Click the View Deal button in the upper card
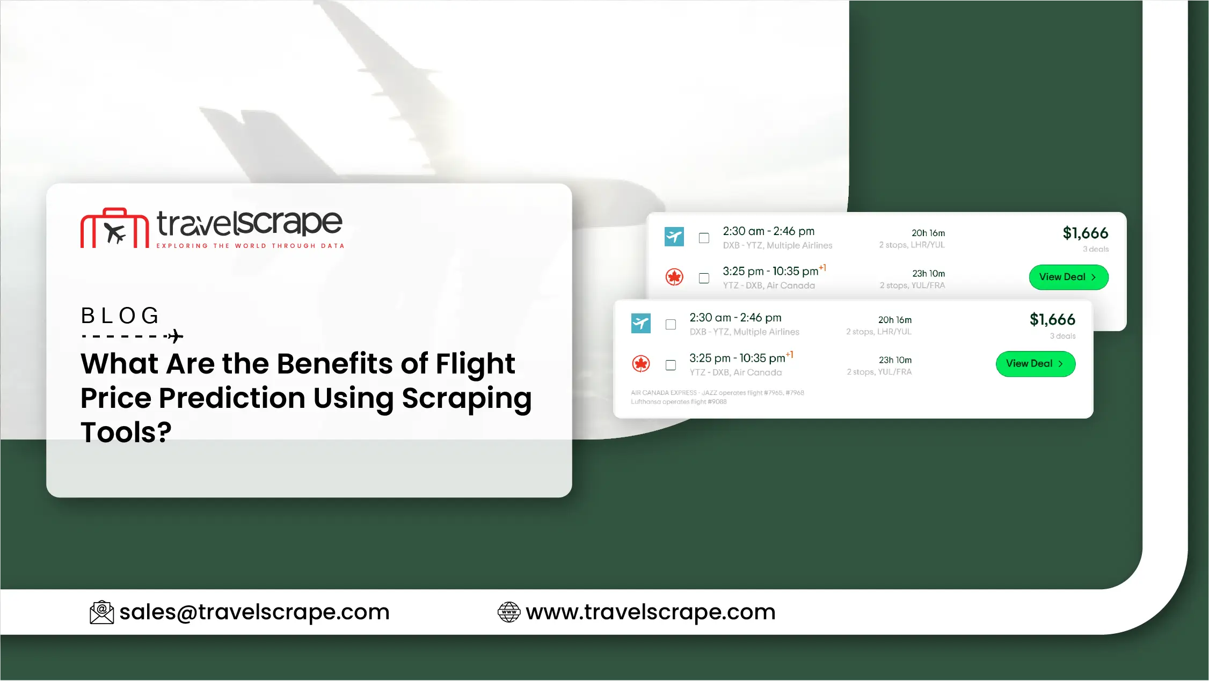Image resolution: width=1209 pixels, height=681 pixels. [x=1068, y=277]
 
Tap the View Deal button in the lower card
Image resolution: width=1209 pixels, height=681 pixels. [x=1036, y=364]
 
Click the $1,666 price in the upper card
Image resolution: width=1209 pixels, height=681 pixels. [x=1086, y=233]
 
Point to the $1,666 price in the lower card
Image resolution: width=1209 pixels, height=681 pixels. [x=1052, y=320]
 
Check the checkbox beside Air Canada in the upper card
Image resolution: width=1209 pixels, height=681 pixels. [x=704, y=278]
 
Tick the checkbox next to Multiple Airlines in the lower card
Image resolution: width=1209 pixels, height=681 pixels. [x=671, y=325]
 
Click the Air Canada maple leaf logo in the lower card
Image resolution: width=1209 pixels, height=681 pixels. [x=641, y=364]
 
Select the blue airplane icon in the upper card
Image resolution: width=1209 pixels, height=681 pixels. [x=674, y=237]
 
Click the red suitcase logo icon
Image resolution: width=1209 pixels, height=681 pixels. [x=114, y=228]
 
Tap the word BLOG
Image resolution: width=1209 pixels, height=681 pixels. [x=120, y=316]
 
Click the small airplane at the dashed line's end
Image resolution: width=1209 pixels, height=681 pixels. [x=175, y=336]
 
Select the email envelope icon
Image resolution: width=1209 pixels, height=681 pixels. [x=101, y=612]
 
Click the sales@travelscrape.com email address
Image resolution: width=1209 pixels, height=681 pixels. [x=254, y=612]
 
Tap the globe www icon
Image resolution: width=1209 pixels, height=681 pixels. [x=509, y=612]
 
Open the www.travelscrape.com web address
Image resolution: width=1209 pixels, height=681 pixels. [x=651, y=612]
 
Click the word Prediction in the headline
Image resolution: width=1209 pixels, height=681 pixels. [x=232, y=398]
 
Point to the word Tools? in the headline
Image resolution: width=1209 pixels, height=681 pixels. [x=126, y=432]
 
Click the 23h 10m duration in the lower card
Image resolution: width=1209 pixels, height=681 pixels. [x=895, y=360]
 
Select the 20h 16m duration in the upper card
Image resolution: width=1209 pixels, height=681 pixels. [x=928, y=233]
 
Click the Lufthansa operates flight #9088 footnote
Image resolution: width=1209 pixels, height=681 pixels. [x=679, y=402]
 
